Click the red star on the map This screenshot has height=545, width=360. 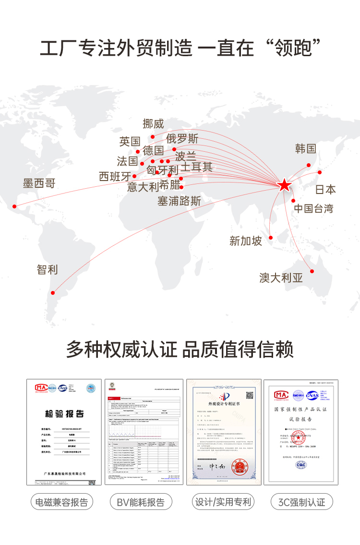point(284,184)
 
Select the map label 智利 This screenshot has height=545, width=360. point(47,269)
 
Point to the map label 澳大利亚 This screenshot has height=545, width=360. point(281,278)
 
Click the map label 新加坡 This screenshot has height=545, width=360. point(246,241)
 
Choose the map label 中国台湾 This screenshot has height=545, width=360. point(313,208)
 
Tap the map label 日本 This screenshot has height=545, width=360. point(325,189)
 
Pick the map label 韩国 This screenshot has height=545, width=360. point(306,148)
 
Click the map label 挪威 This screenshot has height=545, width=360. point(153,123)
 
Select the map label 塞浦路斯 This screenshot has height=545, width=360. point(179,201)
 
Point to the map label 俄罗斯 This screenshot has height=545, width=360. point(182,139)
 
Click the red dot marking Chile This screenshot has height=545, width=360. point(53,292)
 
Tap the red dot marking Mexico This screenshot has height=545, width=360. point(14,206)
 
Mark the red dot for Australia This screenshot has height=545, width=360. point(312,271)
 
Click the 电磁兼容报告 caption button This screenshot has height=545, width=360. point(62,502)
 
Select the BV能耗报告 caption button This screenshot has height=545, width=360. point(141,502)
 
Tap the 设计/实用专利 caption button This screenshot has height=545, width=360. point(223,502)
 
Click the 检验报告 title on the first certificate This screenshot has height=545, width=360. point(64,413)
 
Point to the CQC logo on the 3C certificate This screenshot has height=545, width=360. point(301,465)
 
